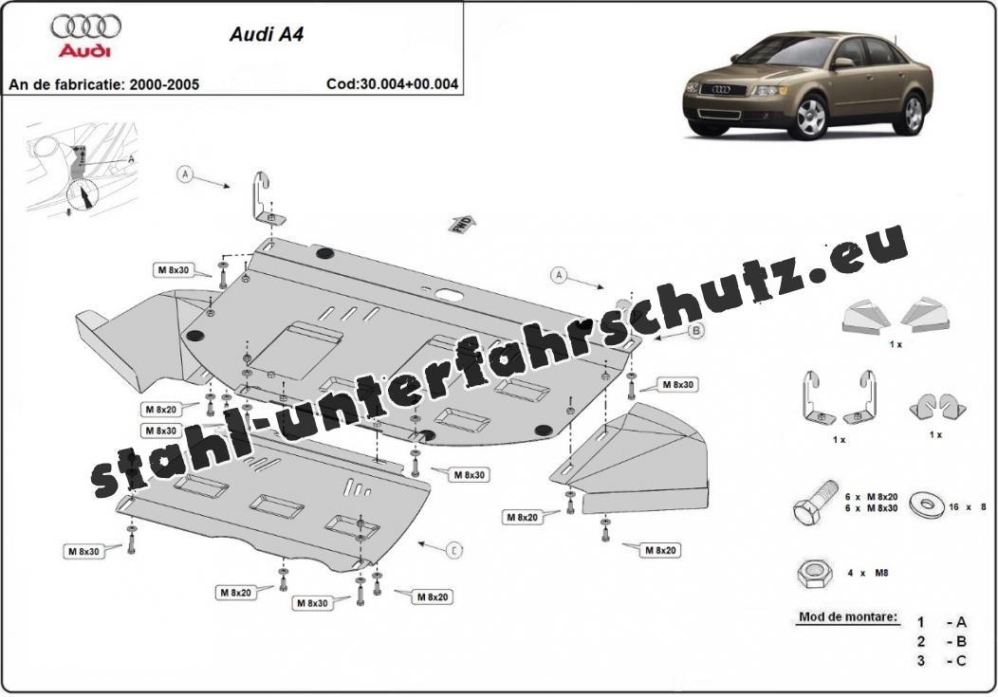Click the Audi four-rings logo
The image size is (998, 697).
pos(86,26)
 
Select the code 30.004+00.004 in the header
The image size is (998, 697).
pos(392,83)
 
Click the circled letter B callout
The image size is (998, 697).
pos(695,331)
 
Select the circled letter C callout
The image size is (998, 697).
pos(454,549)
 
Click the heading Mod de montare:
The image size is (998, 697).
pos(848,617)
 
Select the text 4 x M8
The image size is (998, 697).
pos(868,573)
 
